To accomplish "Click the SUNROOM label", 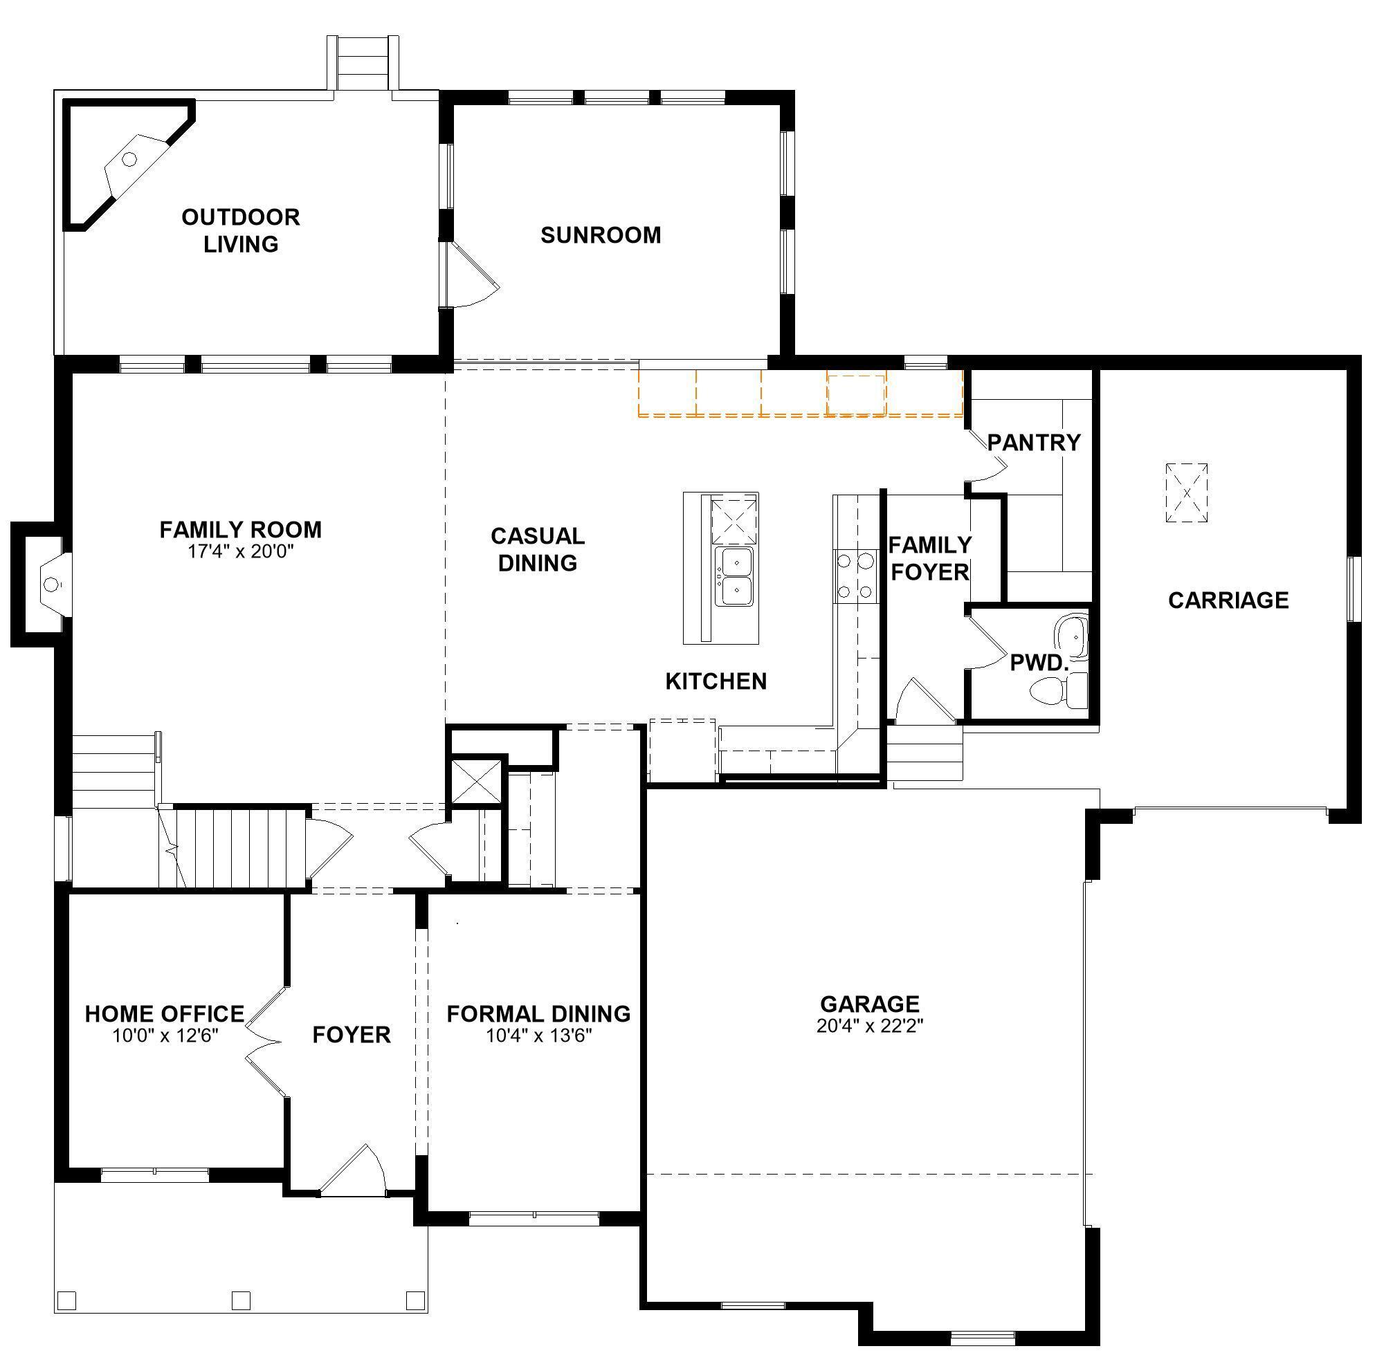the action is (x=601, y=235).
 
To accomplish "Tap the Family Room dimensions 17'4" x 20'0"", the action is (x=240, y=551).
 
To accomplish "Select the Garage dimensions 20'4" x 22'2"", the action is (x=869, y=1025).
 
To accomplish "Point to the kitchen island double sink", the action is (x=734, y=576).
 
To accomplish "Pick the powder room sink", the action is (x=1071, y=636).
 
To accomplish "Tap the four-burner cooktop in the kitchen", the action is (x=856, y=576).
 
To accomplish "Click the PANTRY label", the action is (x=1034, y=443).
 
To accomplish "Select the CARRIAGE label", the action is (x=1228, y=600).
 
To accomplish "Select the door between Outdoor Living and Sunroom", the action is (x=469, y=275).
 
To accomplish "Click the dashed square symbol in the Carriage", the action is (x=1186, y=493).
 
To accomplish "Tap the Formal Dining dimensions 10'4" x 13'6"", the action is (x=539, y=1036).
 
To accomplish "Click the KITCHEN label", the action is (x=716, y=681).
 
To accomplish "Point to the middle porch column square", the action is (x=241, y=1300).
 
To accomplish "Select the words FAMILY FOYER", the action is (x=930, y=558).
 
